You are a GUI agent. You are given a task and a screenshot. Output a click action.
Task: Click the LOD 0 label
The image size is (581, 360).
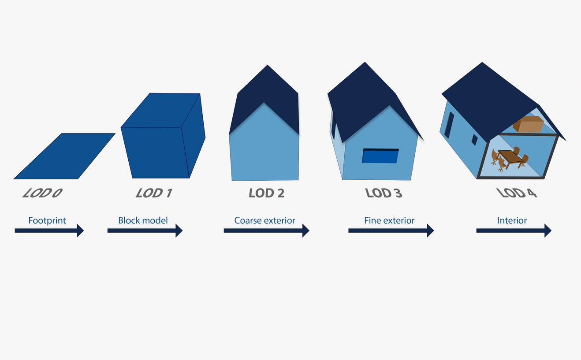42,193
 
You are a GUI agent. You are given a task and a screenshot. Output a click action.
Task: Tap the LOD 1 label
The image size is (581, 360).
154,193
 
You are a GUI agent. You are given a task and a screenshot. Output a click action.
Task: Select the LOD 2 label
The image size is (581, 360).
266,193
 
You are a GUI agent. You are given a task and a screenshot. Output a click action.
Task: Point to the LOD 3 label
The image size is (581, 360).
384,193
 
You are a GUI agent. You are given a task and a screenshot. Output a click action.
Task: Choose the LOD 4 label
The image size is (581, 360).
517,193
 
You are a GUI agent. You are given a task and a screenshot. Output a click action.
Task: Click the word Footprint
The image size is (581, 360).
47,221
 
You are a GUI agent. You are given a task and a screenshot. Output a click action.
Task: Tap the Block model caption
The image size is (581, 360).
143,220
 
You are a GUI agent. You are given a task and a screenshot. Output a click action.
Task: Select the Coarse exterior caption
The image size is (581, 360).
264,220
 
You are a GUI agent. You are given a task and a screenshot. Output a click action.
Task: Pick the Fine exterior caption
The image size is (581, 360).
389,220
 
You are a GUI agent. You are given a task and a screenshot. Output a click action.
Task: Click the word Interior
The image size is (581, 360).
512,220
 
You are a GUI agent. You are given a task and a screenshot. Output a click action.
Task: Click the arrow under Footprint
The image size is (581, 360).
49,230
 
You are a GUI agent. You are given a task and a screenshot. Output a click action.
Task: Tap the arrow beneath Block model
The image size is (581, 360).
145,230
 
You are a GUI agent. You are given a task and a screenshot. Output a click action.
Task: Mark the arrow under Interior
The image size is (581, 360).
514,230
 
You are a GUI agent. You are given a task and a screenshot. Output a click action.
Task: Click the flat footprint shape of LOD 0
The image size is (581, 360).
64,156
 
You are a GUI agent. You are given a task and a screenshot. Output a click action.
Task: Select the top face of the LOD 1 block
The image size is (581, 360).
161,111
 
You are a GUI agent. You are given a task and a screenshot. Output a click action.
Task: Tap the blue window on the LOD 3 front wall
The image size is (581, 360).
380,156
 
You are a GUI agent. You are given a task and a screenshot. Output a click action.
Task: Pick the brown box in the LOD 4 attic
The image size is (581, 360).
528,124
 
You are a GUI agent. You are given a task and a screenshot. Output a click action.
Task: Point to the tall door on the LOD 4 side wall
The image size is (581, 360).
449,125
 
